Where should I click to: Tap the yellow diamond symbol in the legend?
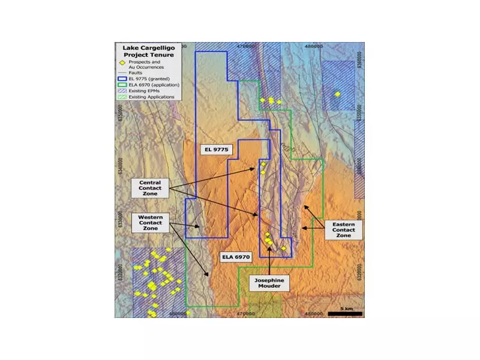(122, 62)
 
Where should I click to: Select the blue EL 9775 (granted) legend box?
(122, 79)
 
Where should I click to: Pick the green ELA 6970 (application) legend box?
(122, 85)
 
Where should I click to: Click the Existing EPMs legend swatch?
(122, 91)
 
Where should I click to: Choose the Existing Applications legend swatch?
(122, 97)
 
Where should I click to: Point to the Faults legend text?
(135, 73)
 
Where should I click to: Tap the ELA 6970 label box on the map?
(235, 257)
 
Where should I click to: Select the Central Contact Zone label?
(150, 189)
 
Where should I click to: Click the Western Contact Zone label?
(150, 223)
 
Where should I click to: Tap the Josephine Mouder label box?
(269, 283)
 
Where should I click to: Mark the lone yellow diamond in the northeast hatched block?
(337, 94)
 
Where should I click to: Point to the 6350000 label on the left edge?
(121, 112)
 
